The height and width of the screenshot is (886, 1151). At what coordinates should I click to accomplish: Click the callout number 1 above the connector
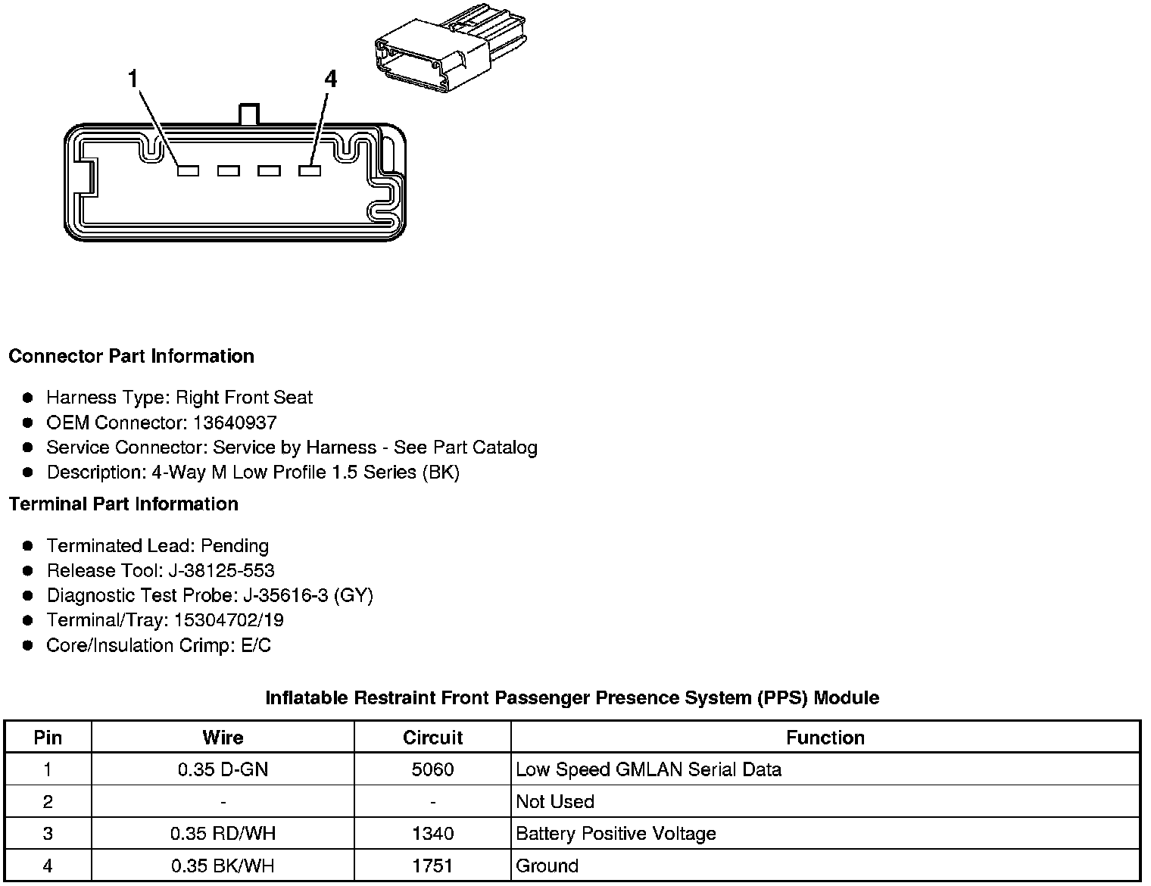[133, 79]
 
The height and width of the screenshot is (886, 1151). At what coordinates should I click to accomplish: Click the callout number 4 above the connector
[330, 79]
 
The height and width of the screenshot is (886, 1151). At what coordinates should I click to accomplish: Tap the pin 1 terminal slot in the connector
[188, 171]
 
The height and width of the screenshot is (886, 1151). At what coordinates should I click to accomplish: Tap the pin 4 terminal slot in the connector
[310, 171]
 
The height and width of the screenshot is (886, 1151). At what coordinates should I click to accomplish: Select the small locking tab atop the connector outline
[249, 114]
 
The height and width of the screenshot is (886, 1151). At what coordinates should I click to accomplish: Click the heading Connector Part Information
[131, 356]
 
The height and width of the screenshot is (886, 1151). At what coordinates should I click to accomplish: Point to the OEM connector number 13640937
[235, 423]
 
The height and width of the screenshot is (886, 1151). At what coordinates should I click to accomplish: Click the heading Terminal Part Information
[123, 504]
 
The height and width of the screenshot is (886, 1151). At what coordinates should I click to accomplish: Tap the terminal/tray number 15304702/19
[229, 620]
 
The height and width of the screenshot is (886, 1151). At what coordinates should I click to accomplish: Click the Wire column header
[223, 738]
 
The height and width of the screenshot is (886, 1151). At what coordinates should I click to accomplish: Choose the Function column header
[825, 738]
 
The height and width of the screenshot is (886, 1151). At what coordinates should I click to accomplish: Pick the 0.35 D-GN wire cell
[223, 769]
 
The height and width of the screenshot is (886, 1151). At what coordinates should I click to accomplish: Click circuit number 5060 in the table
[432, 769]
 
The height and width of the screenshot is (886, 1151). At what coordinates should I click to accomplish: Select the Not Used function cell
[555, 801]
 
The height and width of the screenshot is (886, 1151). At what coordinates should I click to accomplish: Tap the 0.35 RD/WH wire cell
[223, 834]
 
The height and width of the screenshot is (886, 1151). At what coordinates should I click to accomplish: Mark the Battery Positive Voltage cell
[616, 834]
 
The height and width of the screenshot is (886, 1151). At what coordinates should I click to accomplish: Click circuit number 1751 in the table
[432, 866]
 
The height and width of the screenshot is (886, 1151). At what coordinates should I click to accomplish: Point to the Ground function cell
[547, 866]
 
